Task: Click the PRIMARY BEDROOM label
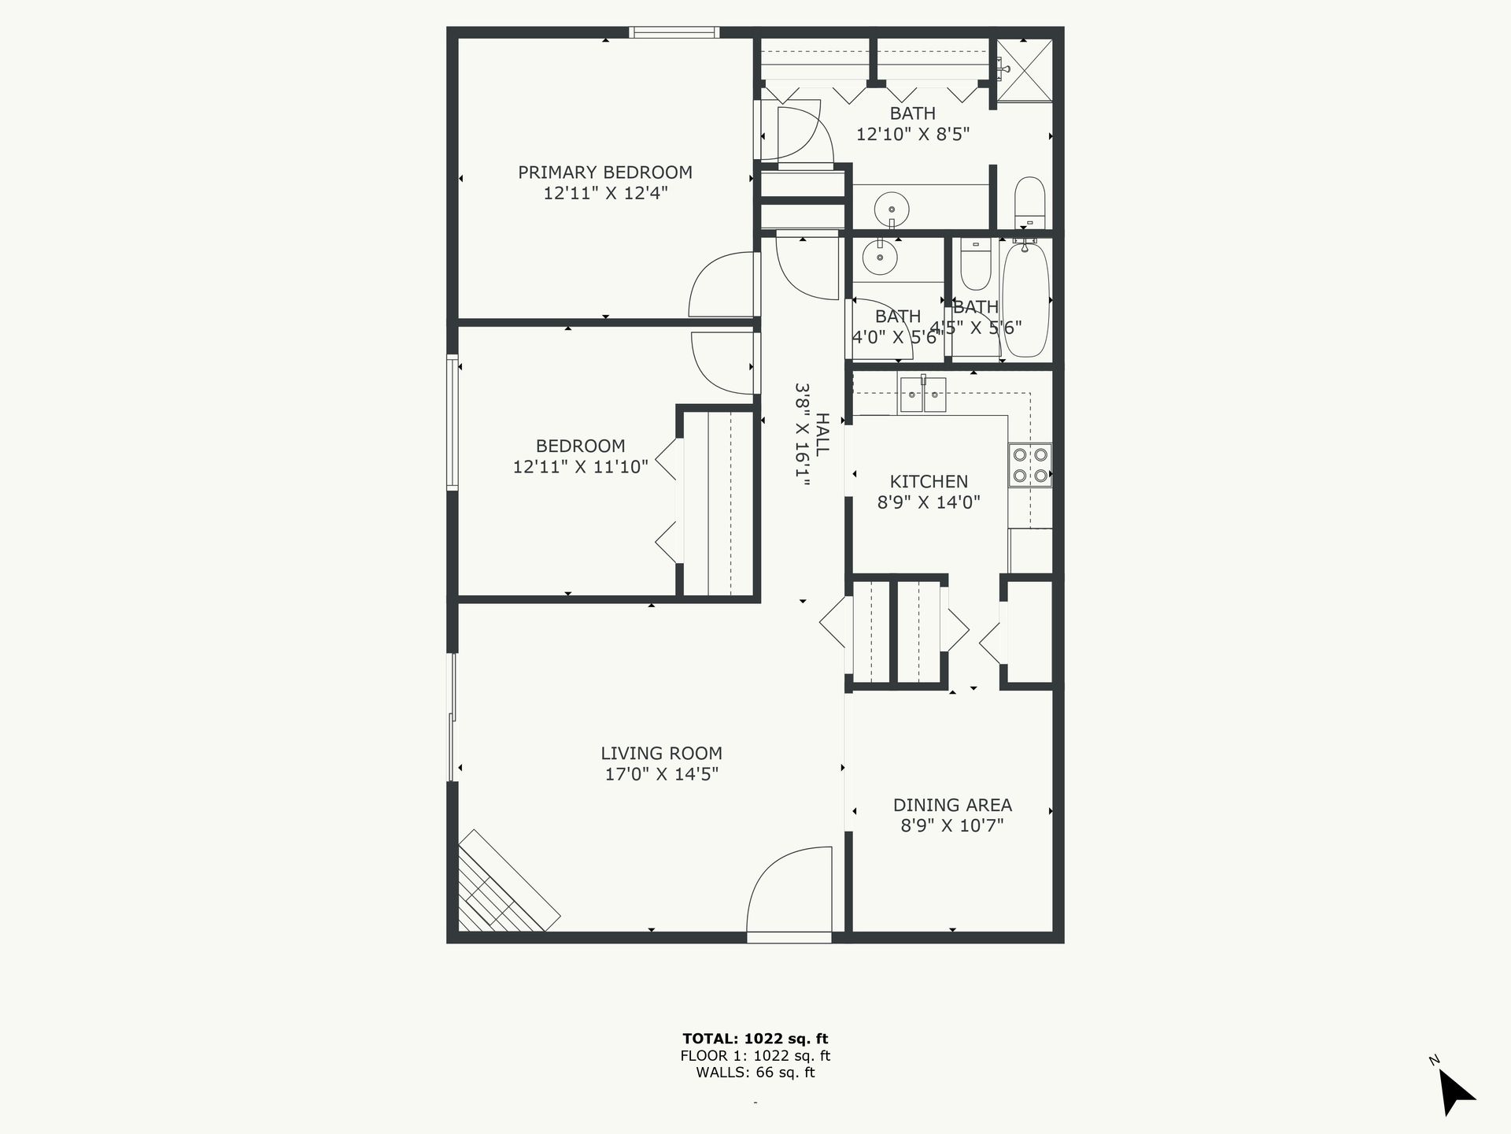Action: coord(604,172)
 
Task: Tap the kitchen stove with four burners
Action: coord(1030,465)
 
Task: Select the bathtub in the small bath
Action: coord(1025,299)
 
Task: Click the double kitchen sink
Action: coord(923,395)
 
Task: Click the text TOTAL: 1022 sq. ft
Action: coord(755,1039)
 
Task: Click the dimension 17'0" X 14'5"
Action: coord(661,774)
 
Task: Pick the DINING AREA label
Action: coord(952,805)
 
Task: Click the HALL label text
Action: coord(822,435)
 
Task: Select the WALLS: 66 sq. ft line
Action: coord(755,1073)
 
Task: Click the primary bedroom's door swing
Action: coord(722,285)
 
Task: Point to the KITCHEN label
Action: coord(929,481)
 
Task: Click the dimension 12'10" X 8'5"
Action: coord(912,134)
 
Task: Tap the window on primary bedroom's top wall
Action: coord(674,32)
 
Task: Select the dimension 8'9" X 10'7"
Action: coord(952,825)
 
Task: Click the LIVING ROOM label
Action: coord(661,754)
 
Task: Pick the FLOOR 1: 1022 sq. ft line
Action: coord(755,1056)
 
